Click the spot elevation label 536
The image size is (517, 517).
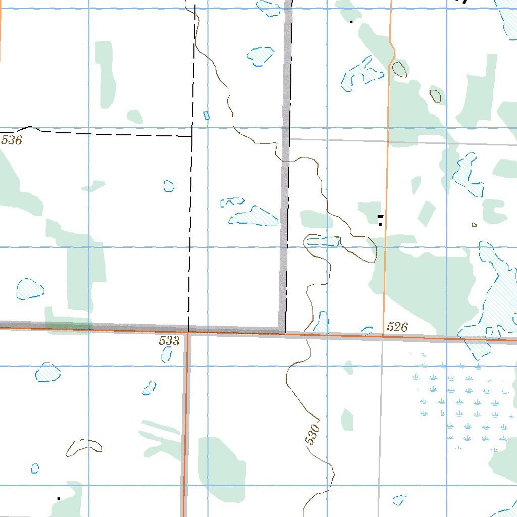coord(12,140)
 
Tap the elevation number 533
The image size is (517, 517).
coord(169,341)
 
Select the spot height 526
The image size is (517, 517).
coord(397,327)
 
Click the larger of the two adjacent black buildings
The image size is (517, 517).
coord(380,216)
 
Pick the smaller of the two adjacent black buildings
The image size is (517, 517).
coord(380,224)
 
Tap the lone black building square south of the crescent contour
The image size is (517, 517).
coord(59,499)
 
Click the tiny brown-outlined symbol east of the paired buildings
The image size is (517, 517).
coord(474,224)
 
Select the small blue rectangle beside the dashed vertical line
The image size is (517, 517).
coord(206,115)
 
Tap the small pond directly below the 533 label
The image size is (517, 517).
coord(166,354)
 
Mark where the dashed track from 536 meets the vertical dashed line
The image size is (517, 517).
coord(191,136)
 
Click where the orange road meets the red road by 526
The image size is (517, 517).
coord(383,335)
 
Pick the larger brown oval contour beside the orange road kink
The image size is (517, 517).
coord(399,69)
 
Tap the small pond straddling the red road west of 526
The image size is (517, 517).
coord(367,331)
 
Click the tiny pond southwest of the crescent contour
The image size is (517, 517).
coord(35,468)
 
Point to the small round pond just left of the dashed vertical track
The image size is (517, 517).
coord(169,186)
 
